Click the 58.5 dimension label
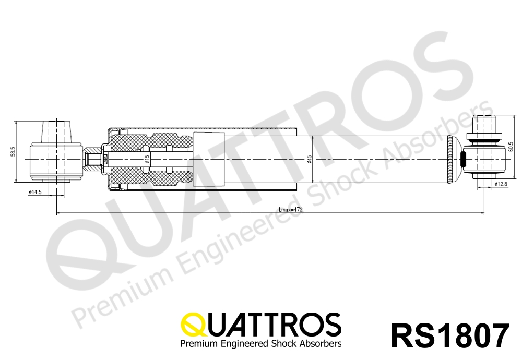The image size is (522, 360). click(13, 151)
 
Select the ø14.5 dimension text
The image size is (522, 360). click(35, 192)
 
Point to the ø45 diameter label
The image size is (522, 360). click(309, 159)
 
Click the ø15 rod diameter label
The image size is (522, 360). click(147, 160)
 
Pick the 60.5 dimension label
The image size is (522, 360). click(511, 147)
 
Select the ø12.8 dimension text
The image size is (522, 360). click(501, 184)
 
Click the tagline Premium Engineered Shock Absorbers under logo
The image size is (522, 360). click(260, 343)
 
